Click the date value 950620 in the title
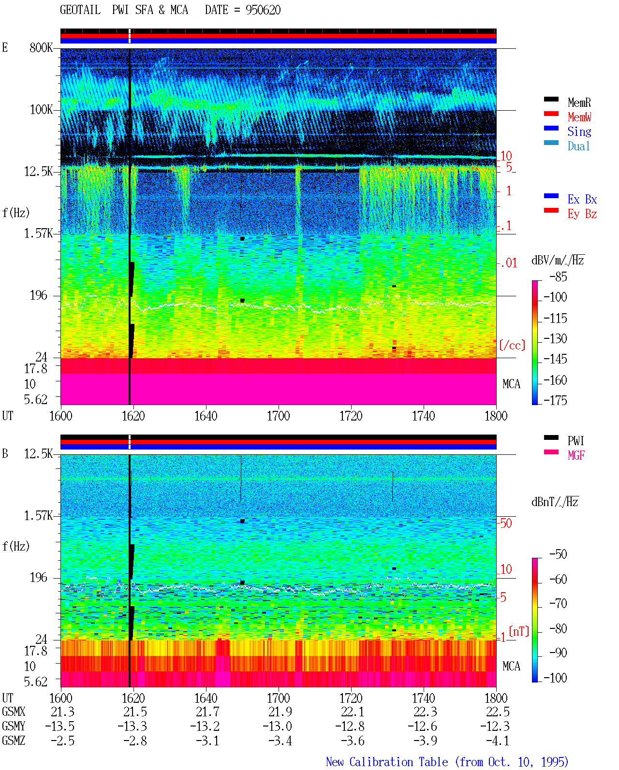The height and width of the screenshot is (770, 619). tap(263, 10)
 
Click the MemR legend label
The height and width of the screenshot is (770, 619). tap(579, 102)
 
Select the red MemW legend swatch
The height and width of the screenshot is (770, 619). tap(551, 114)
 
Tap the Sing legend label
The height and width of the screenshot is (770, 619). tap(579, 131)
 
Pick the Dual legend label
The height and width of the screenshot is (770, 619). tap(579, 146)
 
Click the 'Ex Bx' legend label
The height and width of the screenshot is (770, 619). tap(582, 199)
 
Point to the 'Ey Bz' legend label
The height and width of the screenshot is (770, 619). tap(582, 214)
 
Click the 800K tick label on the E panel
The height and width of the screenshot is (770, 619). tap(41, 47)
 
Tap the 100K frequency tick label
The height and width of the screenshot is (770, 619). tap(41, 110)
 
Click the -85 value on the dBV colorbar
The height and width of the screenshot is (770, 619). tap(558, 277)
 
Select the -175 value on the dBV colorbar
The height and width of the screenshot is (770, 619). tap(555, 400)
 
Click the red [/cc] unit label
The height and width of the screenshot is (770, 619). tap(512, 345)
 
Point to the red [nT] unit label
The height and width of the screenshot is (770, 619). tap(519, 631)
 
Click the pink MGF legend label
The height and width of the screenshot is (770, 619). tap(576, 455)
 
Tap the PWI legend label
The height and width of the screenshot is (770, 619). tap(575, 441)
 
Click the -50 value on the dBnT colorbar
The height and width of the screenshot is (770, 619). tap(558, 554)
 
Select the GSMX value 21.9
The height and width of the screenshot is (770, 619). tap(280, 712)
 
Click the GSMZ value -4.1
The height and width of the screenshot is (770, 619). tap(498, 741)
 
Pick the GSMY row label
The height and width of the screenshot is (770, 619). tap(14, 726)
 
